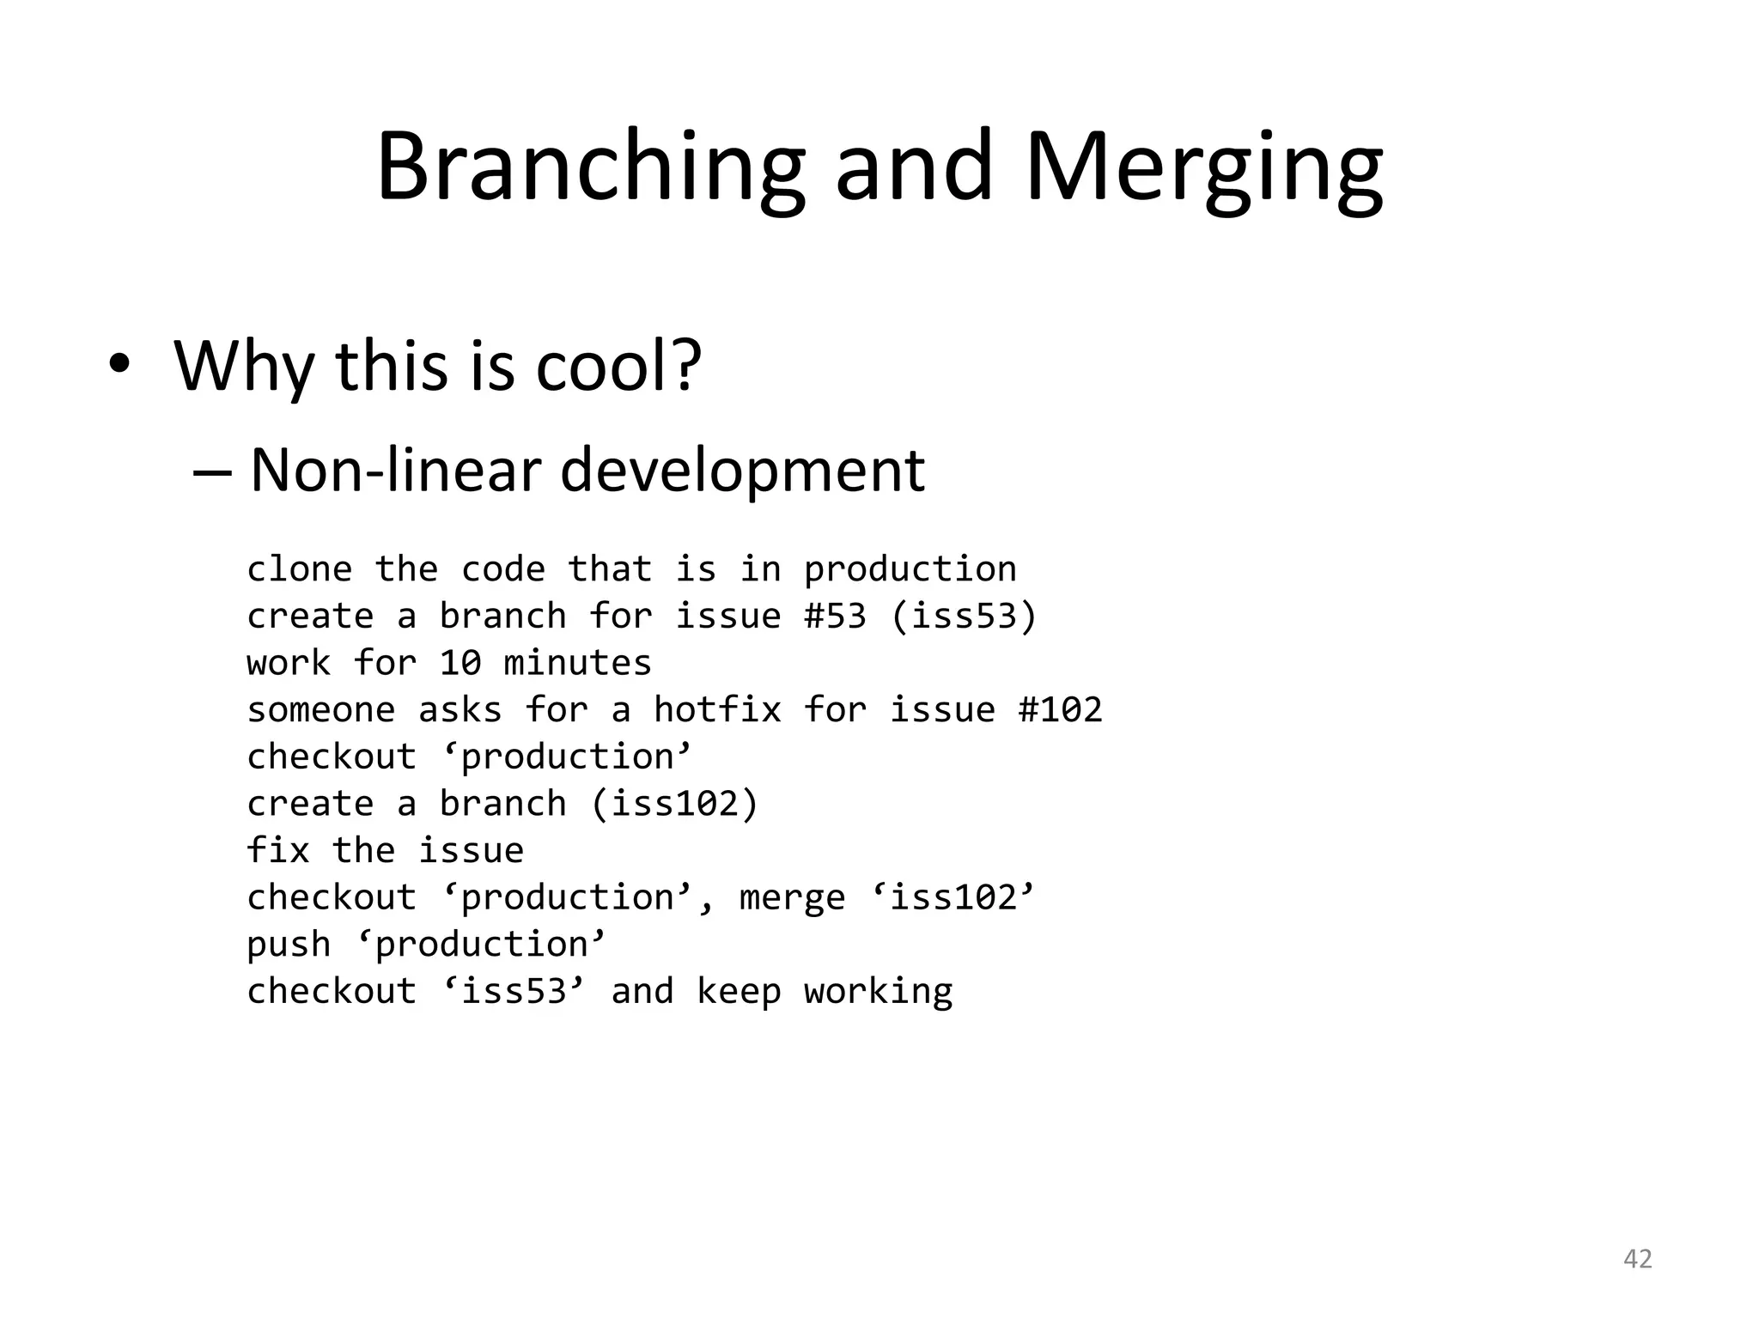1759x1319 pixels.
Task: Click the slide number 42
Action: [x=1637, y=1259]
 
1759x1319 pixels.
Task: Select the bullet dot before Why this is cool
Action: [x=119, y=364]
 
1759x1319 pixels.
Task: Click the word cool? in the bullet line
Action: [x=618, y=365]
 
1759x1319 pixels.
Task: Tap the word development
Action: [x=742, y=471]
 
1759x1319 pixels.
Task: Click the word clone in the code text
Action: [x=299, y=569]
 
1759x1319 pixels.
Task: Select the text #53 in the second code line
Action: [x=835, y=616]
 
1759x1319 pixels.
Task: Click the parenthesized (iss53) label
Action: [x=964, y=616]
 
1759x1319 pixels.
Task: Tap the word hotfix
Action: [x=717, y=710]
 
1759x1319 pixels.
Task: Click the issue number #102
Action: [x=1060, y=710]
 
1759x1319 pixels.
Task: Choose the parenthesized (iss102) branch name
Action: [x=674, y=804]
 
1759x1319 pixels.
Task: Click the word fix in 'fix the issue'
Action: [x=277, y=850]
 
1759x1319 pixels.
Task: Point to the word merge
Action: [x=792, y=897]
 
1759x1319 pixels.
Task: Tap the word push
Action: [x=288, y=945]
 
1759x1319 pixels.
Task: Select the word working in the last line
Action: [x=878, y=991]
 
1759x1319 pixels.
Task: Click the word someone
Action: [x=320, y=710]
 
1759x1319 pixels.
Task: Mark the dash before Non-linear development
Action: [x=212, y=471]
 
